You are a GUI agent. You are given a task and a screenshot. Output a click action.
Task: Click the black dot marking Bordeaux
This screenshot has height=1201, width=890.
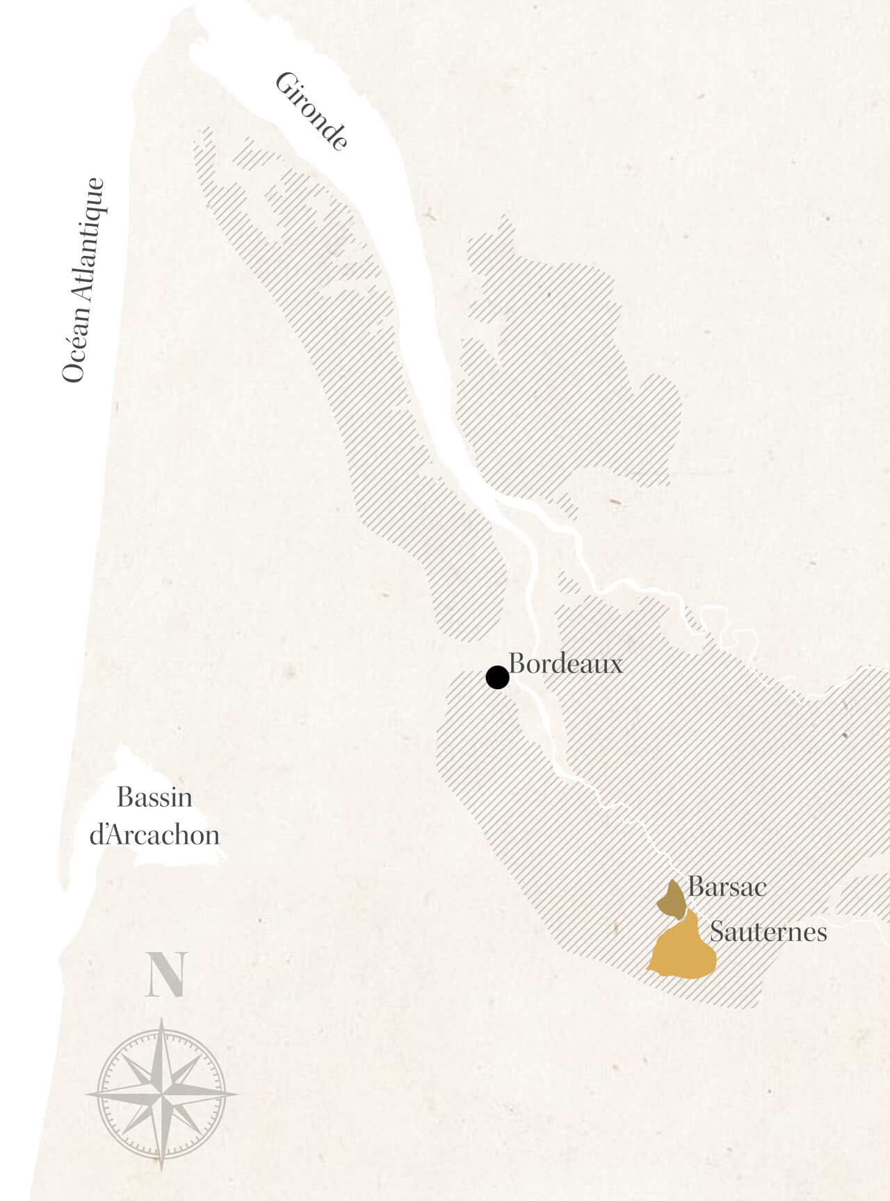coord(497,677)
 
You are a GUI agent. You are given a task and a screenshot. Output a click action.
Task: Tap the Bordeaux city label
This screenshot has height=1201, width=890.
coord(565,663)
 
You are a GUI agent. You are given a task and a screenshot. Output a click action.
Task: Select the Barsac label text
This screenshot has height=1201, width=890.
coord(727,887)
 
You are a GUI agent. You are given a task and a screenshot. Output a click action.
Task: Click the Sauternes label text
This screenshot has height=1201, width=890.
coord(768,932)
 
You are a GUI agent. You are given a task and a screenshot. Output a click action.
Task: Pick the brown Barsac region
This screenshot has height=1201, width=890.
coord(672,901)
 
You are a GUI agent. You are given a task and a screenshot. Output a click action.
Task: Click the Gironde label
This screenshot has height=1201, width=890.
coord(311,111)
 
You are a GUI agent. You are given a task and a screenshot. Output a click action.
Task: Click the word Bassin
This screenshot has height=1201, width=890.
coord(154,797)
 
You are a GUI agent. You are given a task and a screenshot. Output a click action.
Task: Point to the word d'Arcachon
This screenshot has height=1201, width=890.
coord(154,835)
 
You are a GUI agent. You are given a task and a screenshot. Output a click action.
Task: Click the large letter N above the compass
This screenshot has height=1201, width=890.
coord(167,974)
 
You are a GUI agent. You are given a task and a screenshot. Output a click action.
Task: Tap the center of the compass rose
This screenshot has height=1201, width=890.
coord(162,1094)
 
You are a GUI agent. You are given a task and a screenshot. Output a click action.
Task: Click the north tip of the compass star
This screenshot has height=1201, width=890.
coord(162,1019)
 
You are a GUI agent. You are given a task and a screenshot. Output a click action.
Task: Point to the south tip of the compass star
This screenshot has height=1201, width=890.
coord(162,1170)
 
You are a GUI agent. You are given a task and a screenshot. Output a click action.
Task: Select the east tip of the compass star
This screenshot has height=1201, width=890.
coord(236,1094)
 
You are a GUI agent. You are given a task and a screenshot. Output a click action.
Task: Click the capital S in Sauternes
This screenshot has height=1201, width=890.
coord(716,932)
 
